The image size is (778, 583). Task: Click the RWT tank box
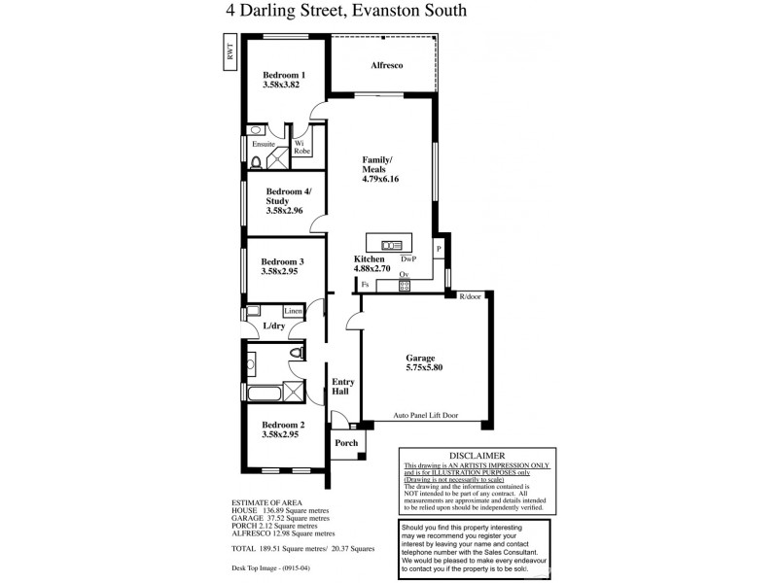point(230,53)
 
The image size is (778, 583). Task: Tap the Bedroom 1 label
point(284,75)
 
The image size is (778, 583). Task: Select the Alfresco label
point(386,65)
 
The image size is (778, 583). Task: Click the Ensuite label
point(264,144)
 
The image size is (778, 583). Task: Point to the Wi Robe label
point(302,148)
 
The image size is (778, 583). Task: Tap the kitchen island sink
point(392,244)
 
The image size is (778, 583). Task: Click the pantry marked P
point(439,249)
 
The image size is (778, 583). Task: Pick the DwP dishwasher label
point(408,260)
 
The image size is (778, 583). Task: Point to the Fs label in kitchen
point(365,284)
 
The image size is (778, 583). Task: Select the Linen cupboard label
point(293,311)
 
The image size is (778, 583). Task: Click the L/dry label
point(273,326)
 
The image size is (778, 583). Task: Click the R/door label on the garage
point(472,296)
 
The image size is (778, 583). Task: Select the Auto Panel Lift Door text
point(426,415)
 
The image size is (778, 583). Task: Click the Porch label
point(346,443)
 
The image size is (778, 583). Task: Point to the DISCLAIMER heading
point(477,455)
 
